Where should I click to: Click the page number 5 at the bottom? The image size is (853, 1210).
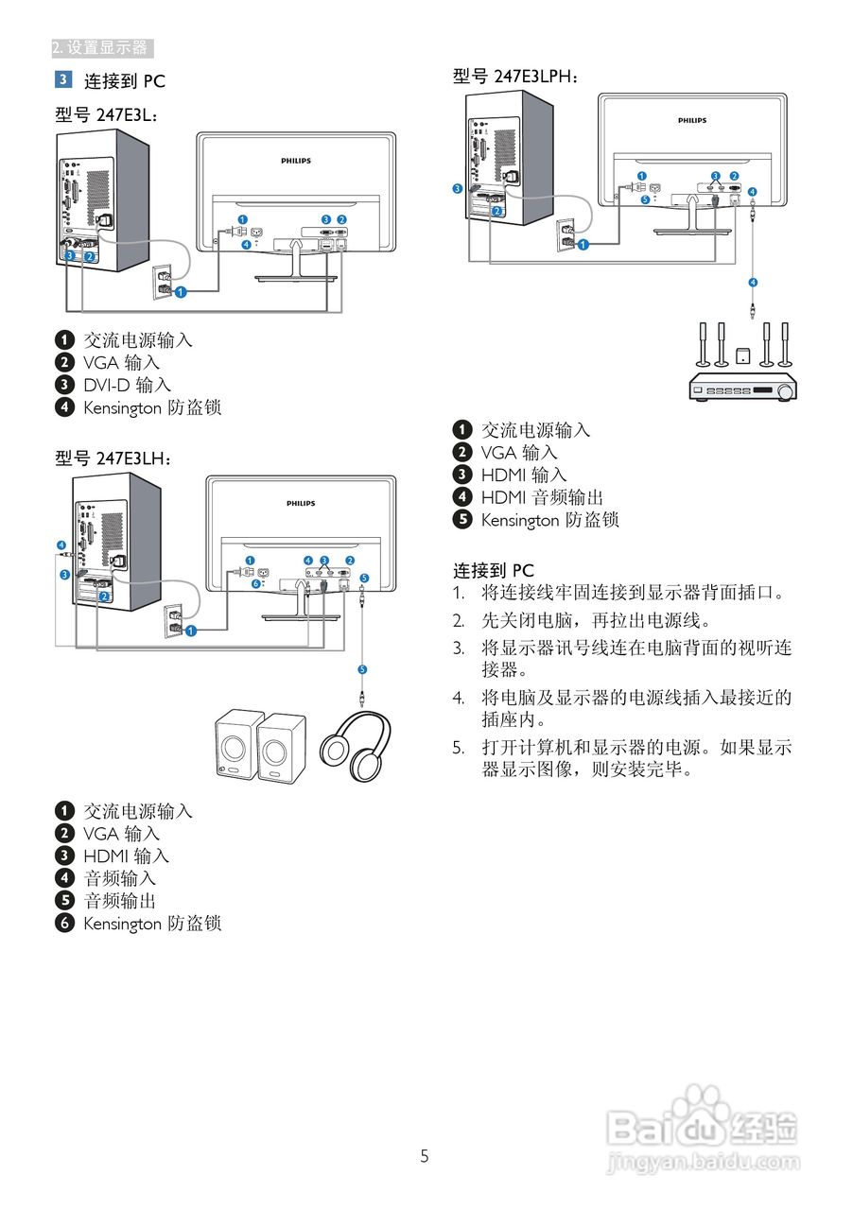[425, 1155]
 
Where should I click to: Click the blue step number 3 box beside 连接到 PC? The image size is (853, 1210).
[63, 79]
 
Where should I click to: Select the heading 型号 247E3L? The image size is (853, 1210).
[106, 114]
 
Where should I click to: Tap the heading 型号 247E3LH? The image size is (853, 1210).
[113, 458]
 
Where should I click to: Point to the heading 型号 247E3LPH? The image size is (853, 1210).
[516, 77]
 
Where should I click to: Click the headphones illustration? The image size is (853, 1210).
[356, 746]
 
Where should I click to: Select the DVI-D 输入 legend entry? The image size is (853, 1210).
[127, 385]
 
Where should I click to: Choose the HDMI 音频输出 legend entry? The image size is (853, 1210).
[541, 497]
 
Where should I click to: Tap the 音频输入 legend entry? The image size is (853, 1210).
[119, 878]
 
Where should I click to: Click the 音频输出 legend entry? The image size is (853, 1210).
[119, 901]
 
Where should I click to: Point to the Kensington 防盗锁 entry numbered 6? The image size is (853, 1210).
[151, 924]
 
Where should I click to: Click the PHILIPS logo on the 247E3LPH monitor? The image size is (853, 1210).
[692, 121]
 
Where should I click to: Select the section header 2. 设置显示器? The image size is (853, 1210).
[101, 47]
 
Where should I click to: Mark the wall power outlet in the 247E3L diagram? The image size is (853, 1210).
[163, 280]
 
